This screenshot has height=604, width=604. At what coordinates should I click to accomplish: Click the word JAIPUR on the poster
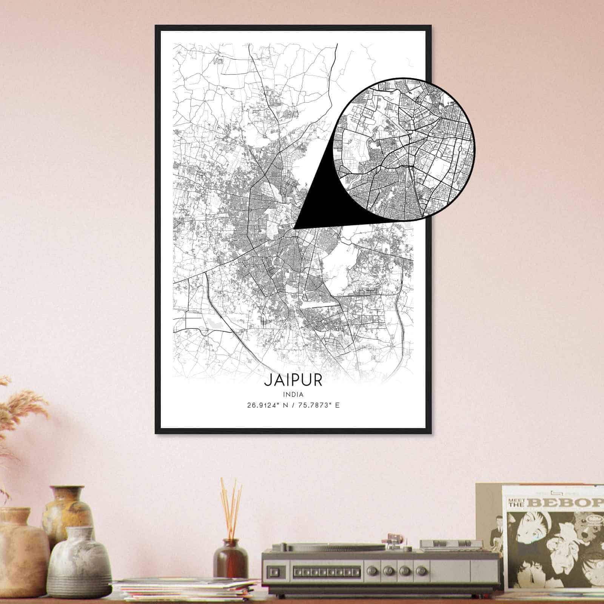pyautogui.click(x=293, y=380)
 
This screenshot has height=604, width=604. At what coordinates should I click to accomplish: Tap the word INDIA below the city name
pyautogui.click(x=293, y=394)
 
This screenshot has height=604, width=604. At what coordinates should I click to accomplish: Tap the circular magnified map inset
pyautogui.click(x=404, y=148)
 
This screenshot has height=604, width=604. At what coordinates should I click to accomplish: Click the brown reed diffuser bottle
pyautogui.click(x=230, y=559)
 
